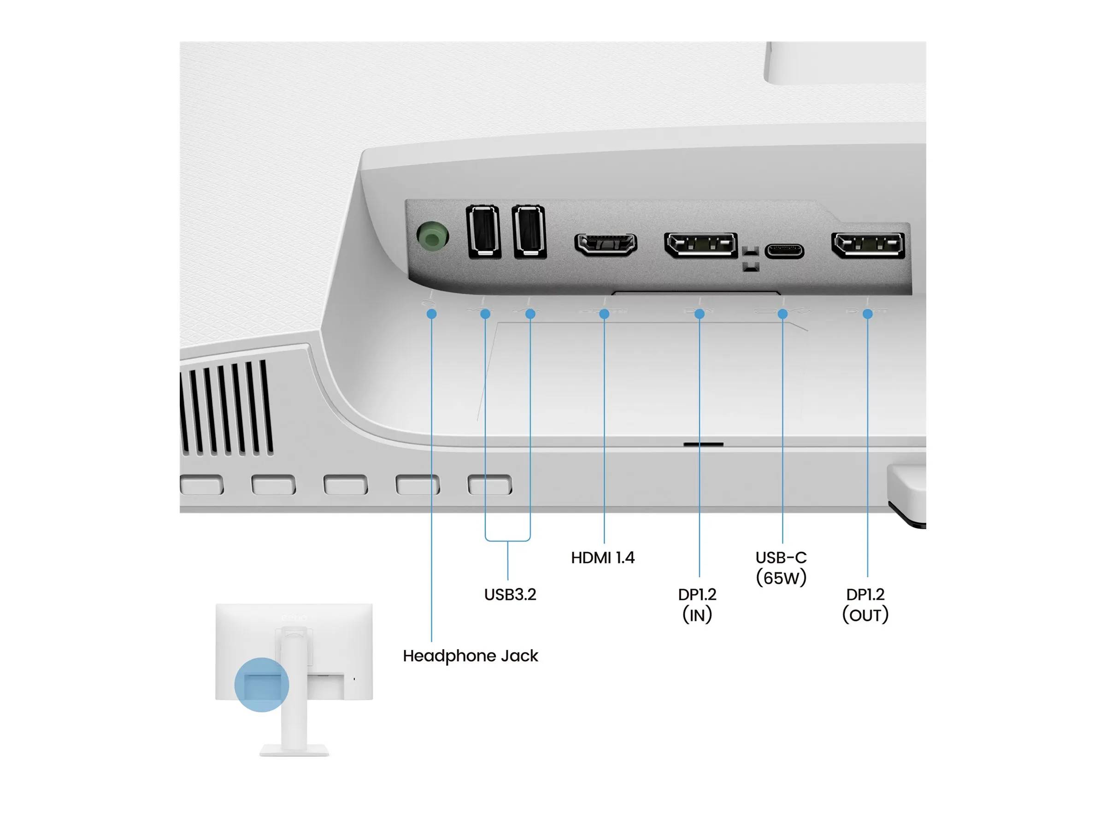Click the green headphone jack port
[432, 235]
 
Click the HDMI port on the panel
[606, 244]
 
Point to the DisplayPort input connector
[700, 245]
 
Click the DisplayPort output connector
[867, 245]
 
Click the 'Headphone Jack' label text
[470, 656]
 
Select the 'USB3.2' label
[510, 594]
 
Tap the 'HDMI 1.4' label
[602, 557]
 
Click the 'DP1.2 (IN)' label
[697, 605]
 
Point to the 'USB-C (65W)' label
[781, 567]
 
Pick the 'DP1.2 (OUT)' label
[865, 605]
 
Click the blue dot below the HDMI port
[604, 314]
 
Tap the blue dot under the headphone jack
[431, 314]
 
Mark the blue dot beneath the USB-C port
[782, 314]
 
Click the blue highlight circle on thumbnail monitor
[261, 684]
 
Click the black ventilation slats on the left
[228, 408]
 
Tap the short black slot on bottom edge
[703, 444]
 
